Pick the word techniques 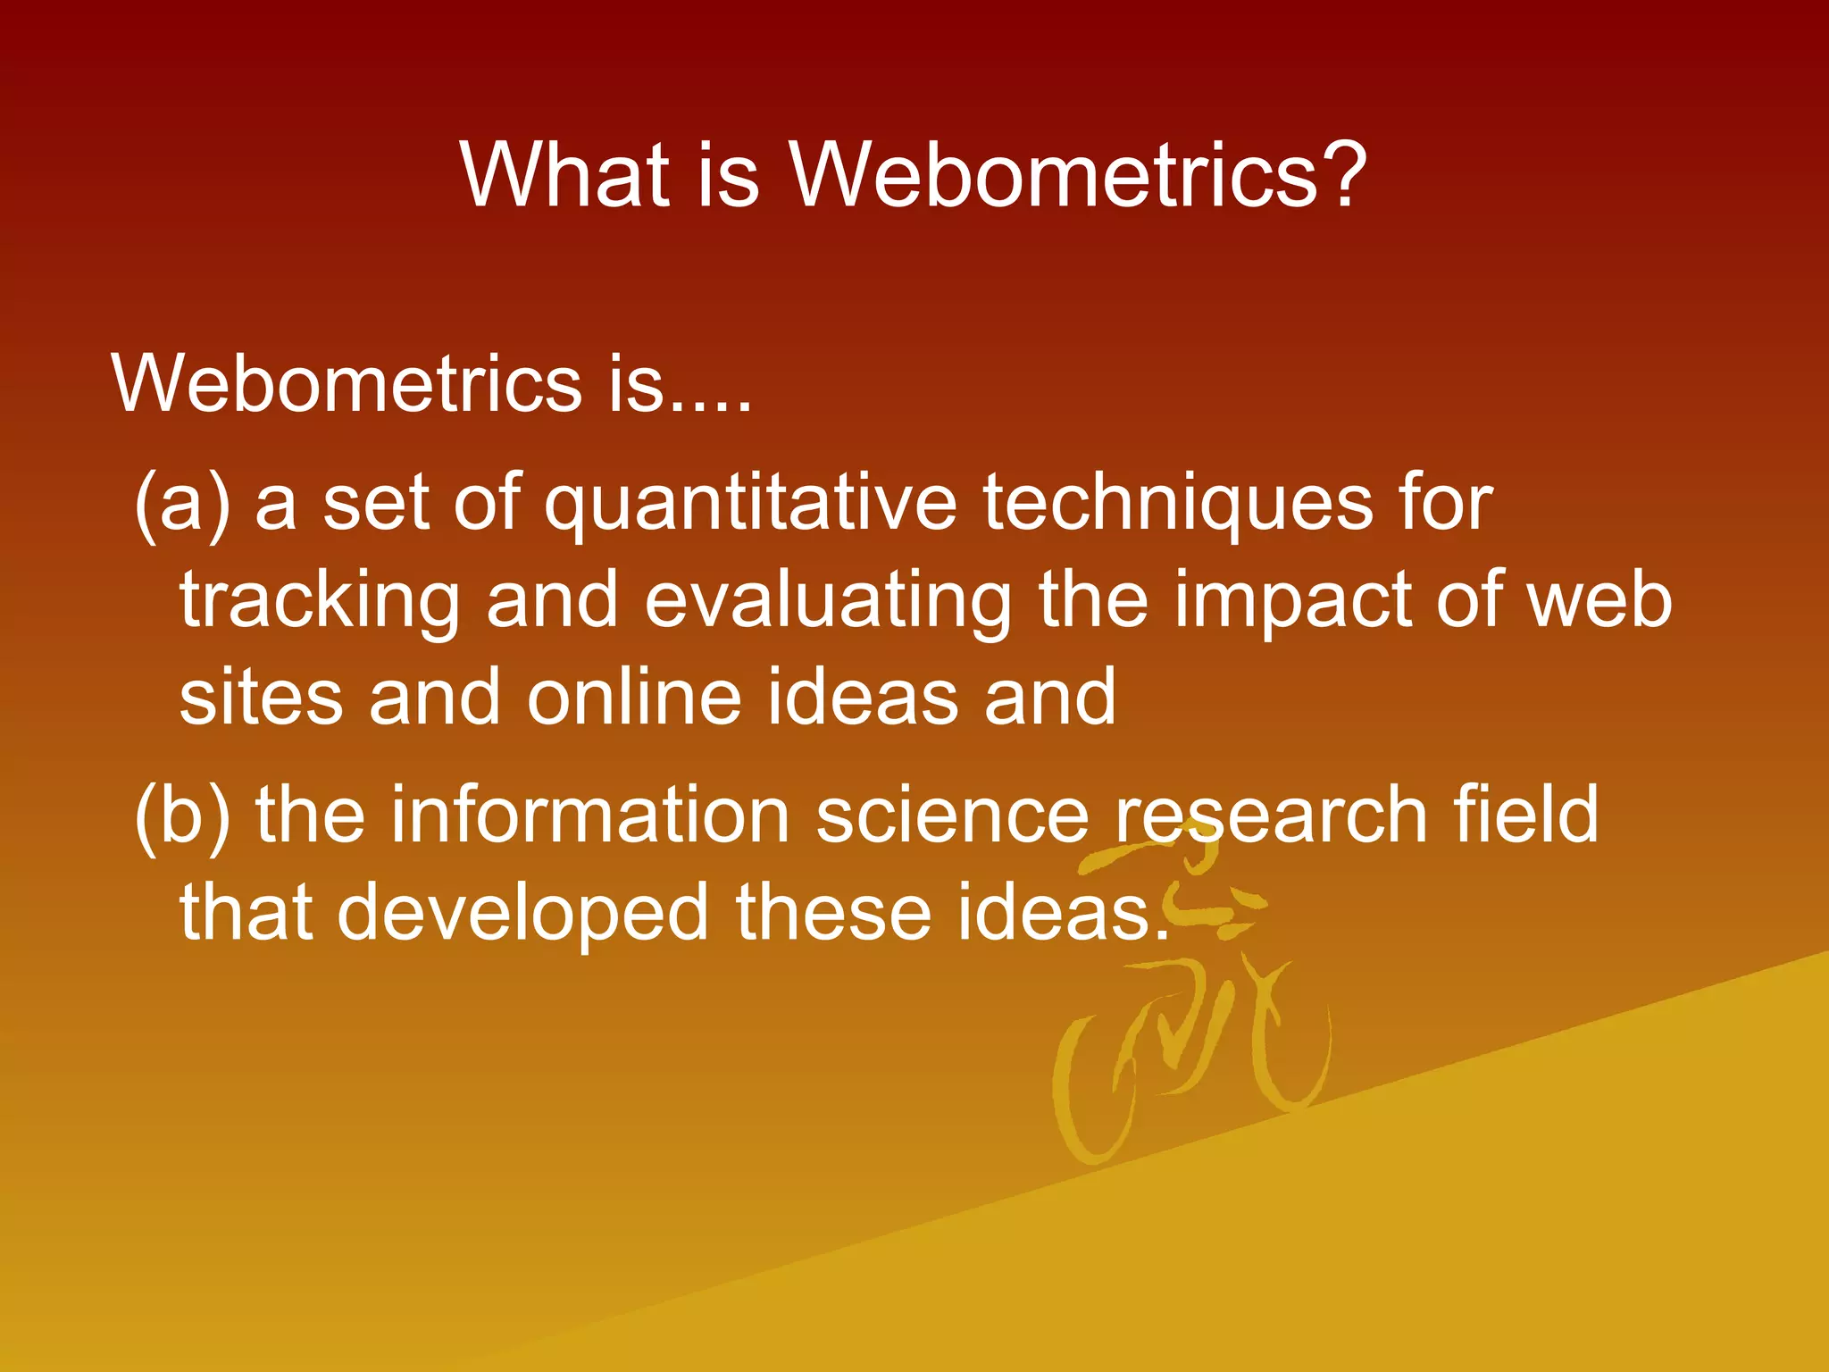tap(1178, 505)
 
